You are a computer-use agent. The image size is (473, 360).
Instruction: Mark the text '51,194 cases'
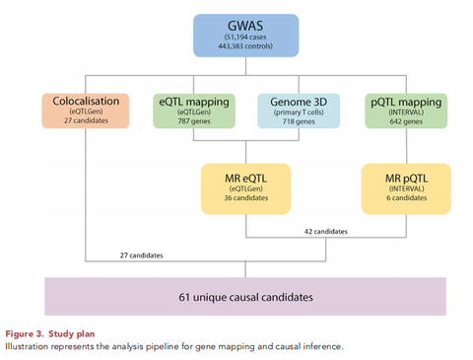(237, 38)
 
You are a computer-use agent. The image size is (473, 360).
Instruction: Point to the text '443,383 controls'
(237, 48)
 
